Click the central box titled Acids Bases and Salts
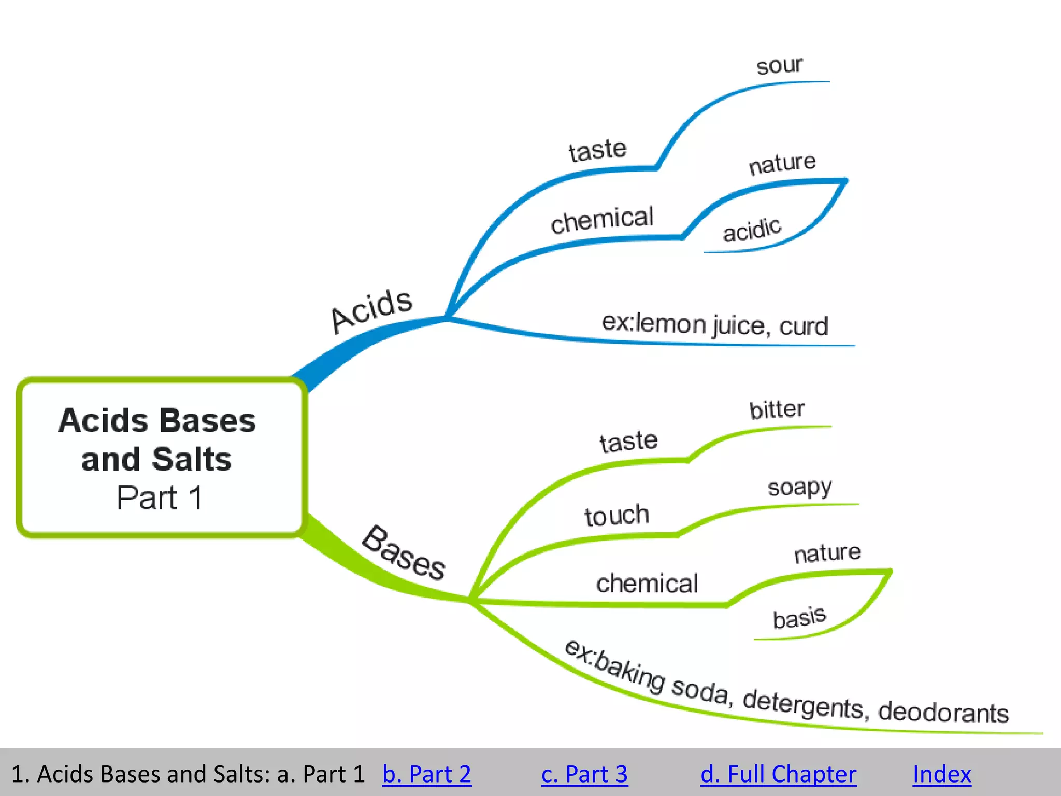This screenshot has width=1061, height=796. tap(161, 458)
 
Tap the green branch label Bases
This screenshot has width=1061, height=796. tap(404, 553)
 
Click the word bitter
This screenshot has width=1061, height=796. tap(777, 410)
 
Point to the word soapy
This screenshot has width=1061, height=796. tap(799, 488)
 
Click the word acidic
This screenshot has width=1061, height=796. tap(752, 230)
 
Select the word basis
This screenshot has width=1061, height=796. tap(799, 618)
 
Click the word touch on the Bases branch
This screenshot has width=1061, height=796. tap(616, 516)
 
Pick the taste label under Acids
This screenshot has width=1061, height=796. tap(597, 150)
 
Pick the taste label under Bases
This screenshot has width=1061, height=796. tap(628, 442)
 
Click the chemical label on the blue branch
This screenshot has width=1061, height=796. tap(602, 220)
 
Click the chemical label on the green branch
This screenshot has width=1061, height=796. tap(647, 584)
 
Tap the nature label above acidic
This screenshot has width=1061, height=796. tap(782, 164)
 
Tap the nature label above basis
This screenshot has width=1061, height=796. tap(827, 553)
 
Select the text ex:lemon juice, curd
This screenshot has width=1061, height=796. tap(714, 325)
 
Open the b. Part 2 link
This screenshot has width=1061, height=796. tap(426, 774)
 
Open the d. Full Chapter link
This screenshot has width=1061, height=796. tap(778, 774)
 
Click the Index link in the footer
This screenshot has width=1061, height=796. tap(941, 774)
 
